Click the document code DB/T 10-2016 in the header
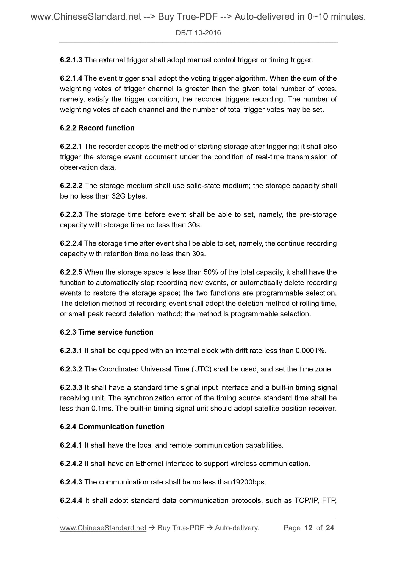(198, 33)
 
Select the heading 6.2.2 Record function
(97, 128)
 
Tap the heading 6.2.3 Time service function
(107, 332)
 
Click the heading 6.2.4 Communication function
(112, 427)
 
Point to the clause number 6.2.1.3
(71, 60)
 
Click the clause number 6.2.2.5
(71, 272)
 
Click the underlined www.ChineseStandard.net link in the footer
(103, 528)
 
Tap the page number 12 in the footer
(309, 528)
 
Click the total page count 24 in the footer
(330, 528)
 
